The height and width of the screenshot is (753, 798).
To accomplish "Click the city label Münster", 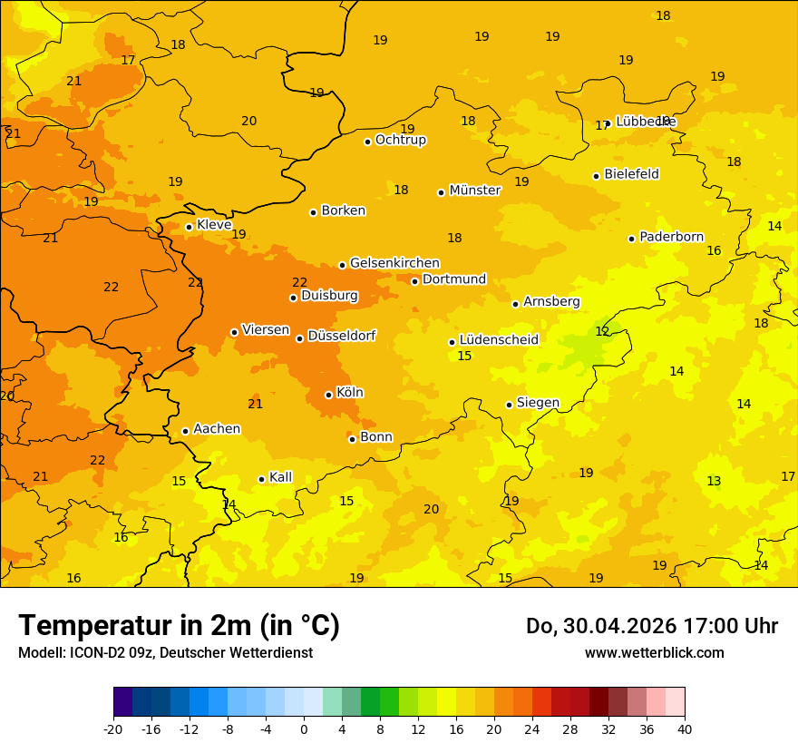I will (x=474, y=191).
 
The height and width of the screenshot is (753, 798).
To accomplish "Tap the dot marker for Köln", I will (x=328, y=395).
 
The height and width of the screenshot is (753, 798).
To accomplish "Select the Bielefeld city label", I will (x=631, y=174).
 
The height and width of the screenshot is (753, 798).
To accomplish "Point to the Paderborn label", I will (x=671, y=237).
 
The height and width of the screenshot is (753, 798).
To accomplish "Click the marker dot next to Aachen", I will (x=185, y=431).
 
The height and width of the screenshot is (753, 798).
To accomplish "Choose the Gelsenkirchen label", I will (x=394, y=263).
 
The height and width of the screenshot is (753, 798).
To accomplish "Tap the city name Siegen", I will (x=538, y=403).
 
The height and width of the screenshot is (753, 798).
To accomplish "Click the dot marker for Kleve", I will (x=189, y=227).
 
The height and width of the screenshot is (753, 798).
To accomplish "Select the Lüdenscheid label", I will (x=499, y=340).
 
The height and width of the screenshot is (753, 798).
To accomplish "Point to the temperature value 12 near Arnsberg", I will (x=602, y=332).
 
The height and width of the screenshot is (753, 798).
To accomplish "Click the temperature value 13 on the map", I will (x=714, y=481).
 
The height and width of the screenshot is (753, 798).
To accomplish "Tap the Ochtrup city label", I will (x=400, y=140).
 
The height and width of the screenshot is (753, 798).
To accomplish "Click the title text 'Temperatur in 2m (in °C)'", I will (x=179, y=625).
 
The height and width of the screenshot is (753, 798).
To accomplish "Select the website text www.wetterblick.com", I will (x=654, y=652).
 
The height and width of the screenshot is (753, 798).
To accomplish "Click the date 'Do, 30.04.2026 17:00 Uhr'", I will (x=651, y=626).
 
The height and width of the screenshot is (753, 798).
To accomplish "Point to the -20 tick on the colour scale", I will (x=113, y=729).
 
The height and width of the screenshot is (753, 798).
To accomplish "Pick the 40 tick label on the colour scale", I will (x=685, y=729).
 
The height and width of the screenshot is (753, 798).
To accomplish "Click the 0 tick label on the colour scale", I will (x=304, y=729).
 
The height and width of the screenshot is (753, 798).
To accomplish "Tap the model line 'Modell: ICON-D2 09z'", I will (x=165, y=652).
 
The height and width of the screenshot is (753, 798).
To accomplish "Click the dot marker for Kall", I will (x=261, y=479).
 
